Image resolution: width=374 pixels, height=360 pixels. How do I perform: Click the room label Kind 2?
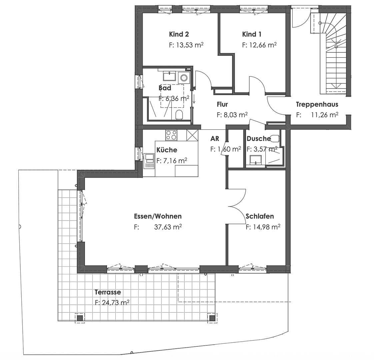(x=179, y=34)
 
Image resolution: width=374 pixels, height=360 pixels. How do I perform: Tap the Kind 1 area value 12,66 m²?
(x=259, y=45)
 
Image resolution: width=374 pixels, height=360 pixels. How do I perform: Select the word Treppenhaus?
(x=317, y=104)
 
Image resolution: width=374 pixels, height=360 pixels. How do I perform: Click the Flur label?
(x=222, y=104)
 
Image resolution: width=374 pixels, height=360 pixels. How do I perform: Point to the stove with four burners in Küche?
(x=171, y=135)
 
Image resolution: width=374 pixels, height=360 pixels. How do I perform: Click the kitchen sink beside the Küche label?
(x=149, y=160)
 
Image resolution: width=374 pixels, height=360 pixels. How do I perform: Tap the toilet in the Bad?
(x=179, y=114)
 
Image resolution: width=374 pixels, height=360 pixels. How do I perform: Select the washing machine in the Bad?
(x=183, y=78)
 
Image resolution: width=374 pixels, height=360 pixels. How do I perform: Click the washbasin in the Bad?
(x=169, y=76)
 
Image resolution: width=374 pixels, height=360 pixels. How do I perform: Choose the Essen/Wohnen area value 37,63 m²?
(x=168, y=227)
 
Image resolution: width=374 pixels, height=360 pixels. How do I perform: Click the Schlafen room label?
(x=260, y=216)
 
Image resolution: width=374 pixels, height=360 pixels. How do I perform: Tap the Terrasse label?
(x=108, y=292)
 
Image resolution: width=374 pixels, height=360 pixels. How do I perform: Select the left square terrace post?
(x=80, y=318)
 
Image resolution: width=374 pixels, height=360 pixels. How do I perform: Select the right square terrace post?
(x=212, y=318)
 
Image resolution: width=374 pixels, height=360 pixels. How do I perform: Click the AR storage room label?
(x=215, y=139)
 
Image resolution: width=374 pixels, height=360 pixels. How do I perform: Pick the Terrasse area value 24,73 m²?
(x=112, y=303)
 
